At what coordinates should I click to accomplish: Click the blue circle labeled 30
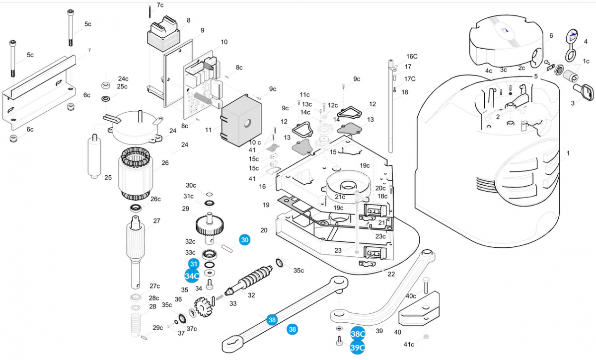[244, 240]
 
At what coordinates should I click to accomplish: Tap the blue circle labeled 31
[194, 264]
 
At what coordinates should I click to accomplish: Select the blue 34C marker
[192, 276]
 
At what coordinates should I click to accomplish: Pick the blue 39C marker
[358, 348]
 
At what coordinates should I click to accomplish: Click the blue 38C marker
[358, 334]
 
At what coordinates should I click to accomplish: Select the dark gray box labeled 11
[240, 122]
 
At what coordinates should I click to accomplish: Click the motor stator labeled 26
[135, 175]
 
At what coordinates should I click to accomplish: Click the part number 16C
[412, 57]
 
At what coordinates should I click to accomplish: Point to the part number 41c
[408, 345]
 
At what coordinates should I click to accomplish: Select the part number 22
[391, 275]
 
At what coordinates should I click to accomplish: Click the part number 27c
[154, 286]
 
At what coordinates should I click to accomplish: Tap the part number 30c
[191, 185]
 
